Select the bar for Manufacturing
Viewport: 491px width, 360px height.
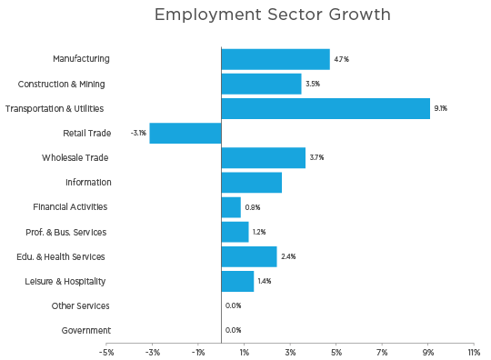tap(276, 59)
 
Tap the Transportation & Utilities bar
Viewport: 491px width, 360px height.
tap(326, 108)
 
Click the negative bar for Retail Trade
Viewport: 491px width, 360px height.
tap(185, 133)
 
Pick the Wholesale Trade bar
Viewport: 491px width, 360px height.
tap(264, 157)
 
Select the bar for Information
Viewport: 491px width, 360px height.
tap(252, 183)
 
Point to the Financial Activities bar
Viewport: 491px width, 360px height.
tap(232, 207)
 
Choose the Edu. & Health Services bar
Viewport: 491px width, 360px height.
tap(249, 256)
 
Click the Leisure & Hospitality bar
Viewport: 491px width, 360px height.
tap(238, 281)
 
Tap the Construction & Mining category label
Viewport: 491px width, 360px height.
tap(61, 84)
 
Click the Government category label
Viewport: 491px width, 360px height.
tap(86, 331)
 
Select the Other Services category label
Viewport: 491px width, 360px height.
tap(81, 306)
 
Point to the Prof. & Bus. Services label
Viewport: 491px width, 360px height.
tap(67, 232)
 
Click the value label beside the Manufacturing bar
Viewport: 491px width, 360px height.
tap(341, 59)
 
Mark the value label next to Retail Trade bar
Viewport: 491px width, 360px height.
tap(138, 133)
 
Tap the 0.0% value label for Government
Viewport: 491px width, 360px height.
tap(233, 331)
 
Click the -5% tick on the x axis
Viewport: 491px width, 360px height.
tap(106, 352)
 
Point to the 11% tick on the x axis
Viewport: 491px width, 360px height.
tap(474, 352)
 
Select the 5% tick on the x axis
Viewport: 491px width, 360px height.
tap(336, 352)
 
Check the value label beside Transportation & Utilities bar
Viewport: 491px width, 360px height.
tap(440, 108)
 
